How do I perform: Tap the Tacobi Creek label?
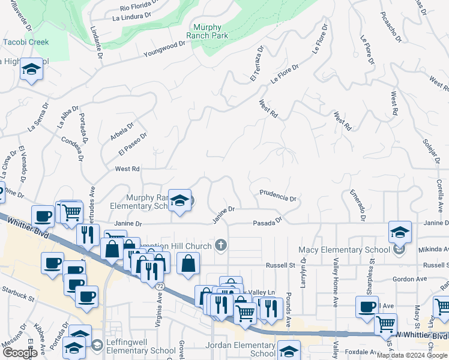25,42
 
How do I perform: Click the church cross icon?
221,245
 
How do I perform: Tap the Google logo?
20,353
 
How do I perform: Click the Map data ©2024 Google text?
412,355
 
